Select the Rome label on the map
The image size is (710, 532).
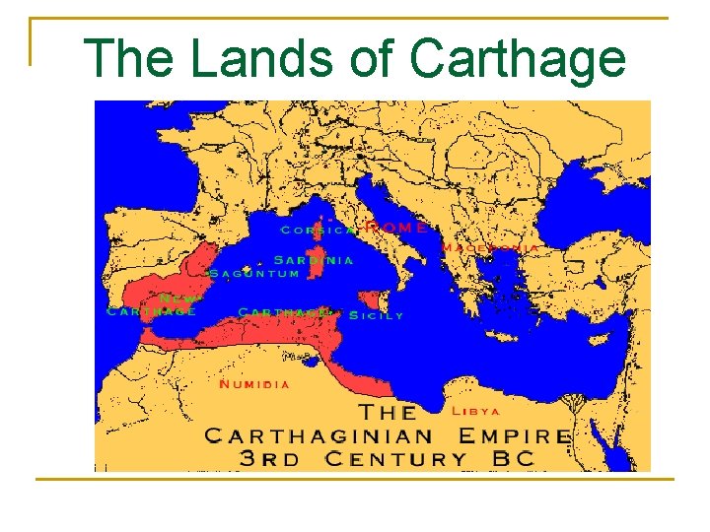396,228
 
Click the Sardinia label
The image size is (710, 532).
313,261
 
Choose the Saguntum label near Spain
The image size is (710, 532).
254,273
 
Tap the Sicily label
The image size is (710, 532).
377,316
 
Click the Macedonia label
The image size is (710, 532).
490,248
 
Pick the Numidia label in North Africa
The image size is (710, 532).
254,384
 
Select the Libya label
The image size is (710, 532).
476,411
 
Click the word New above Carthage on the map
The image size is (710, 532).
179,298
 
